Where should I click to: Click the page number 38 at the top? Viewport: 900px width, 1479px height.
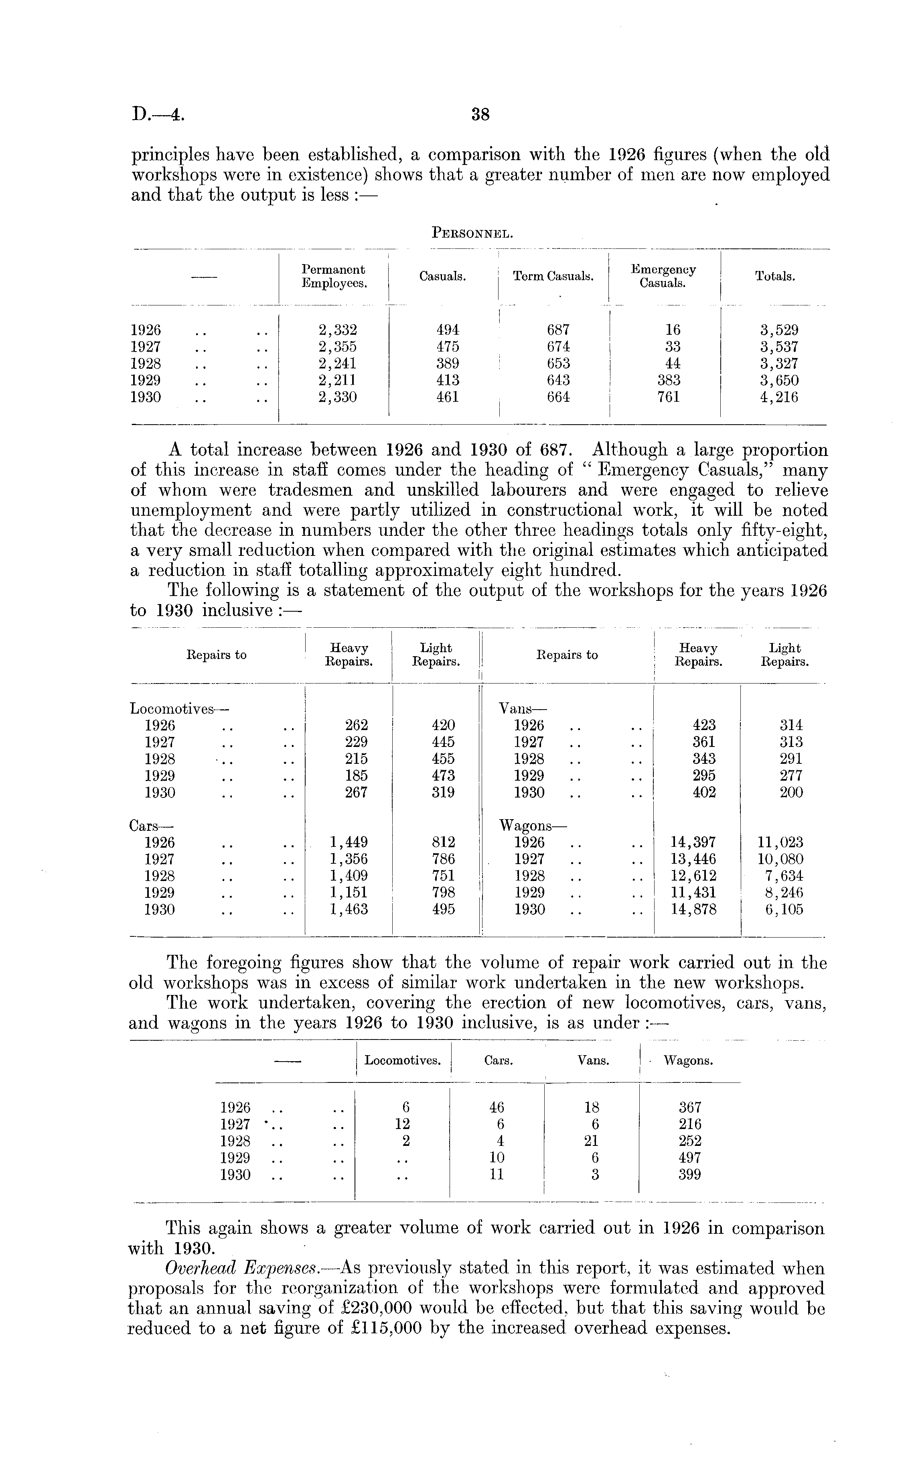(x=480, y=115)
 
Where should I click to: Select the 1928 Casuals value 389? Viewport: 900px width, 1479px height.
(x=448, y=364)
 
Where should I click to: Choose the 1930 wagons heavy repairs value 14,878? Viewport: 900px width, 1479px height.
(x=693, y=910)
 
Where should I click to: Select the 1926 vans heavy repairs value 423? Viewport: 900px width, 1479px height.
(x=704, y=726)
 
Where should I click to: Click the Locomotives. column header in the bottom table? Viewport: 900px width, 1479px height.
(x=403, y=1061)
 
